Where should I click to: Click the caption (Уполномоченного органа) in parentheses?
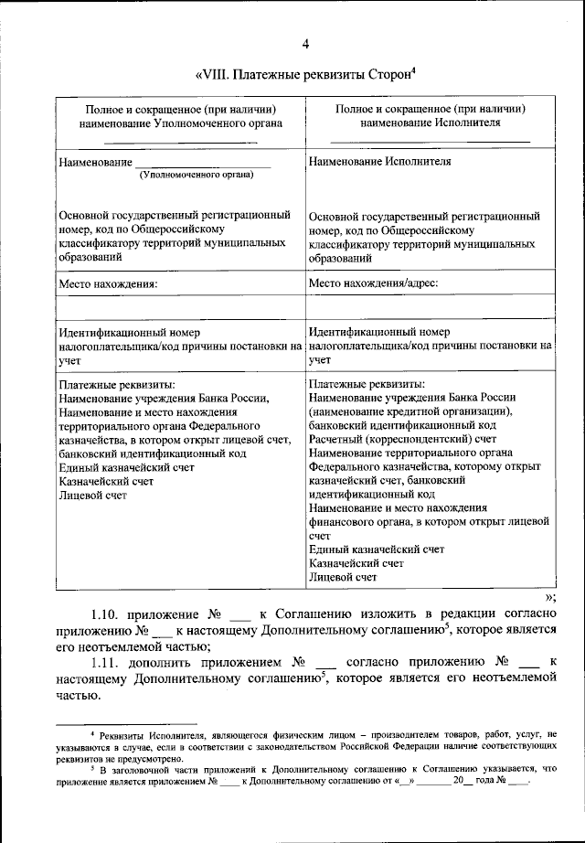point(202,174)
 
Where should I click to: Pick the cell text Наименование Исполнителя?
point(379,161)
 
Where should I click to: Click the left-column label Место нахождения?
point(108,283)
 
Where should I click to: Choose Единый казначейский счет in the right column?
point(377,550)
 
